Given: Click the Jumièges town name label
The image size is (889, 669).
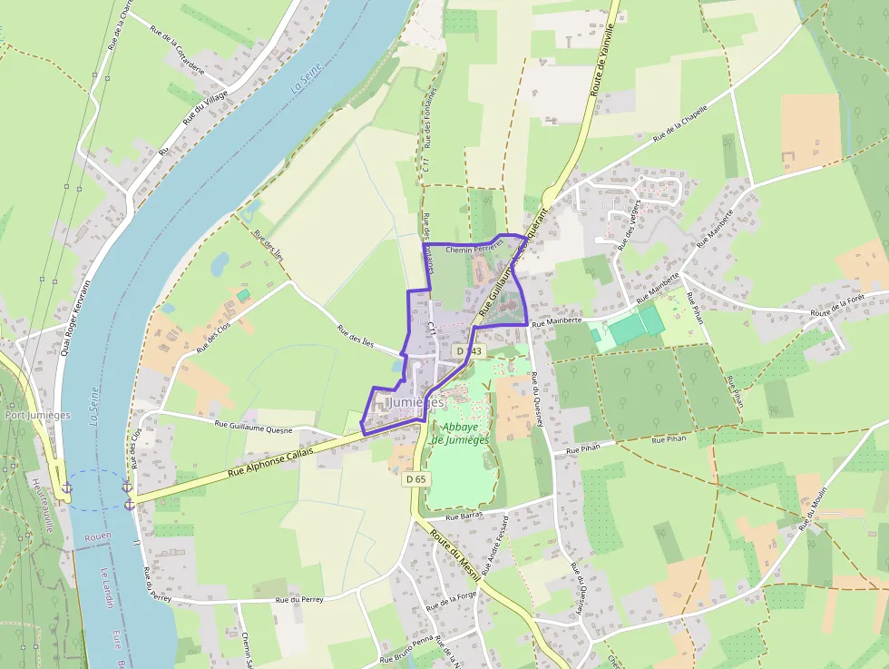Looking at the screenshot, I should [x=415, y=401].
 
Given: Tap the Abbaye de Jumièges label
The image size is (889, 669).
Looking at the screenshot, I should [x=460, y=433].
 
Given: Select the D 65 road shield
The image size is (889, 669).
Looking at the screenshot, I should [x=416, y=478].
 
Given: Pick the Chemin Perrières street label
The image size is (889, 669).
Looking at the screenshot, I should [x=474, y=246].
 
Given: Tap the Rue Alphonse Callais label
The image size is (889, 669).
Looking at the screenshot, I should [x=270, y=461].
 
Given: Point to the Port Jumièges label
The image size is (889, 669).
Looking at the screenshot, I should [x=37, y=415].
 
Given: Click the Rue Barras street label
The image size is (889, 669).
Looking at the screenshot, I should [x=464, y=514].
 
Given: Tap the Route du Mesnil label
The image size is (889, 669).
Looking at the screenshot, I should [x=454, y=554].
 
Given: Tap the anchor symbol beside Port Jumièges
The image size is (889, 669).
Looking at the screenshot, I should [x=65, y=488].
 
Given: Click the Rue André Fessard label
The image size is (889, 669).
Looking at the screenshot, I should [x=495, y=546].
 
